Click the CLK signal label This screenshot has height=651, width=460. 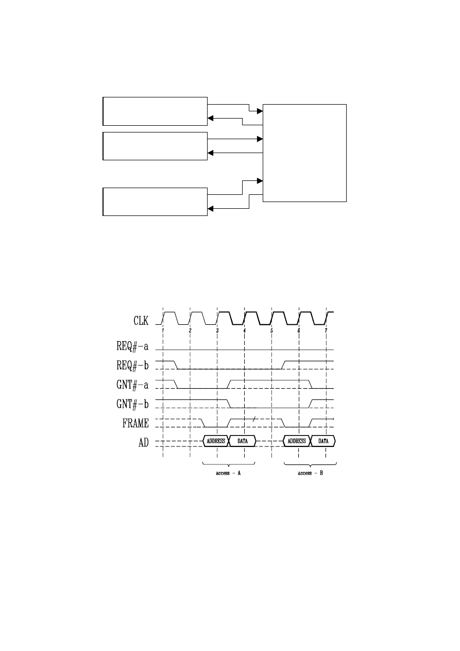coord(138,322)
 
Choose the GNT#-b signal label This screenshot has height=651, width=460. coord(132,404)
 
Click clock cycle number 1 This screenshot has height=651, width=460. coord(163,330)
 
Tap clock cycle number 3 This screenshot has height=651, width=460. coord(217,330)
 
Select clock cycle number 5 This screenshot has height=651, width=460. coord(271,330)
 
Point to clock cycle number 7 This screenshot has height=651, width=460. coord(326,330)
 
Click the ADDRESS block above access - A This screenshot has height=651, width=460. coord(215,441)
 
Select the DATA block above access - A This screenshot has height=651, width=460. coord(243,441)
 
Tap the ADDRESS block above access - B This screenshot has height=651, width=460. coord(297,441)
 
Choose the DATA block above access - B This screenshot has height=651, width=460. coord(323,441)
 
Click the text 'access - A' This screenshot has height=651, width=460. coord(229,473)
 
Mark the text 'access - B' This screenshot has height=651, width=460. coord(311,473)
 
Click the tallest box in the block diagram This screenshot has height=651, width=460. coord(304,153)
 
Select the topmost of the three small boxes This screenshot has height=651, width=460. coord(155,110)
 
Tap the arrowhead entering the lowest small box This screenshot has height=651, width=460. coord(210,209)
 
